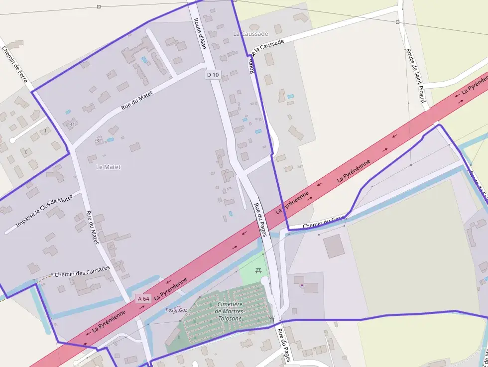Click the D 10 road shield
coord(213,75)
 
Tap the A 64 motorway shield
coord(143,299)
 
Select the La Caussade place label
coord(250,34)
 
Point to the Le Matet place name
coord(108,167)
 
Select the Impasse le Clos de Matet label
coord(44,211)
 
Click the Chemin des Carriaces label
coord(82,271)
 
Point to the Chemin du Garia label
coord(324,222)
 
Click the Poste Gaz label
coord(176,310)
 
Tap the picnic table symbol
coord(258,270)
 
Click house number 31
coord(72,124)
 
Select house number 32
coord(99,141)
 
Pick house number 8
coord(26,151)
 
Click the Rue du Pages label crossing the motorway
coord(261,220)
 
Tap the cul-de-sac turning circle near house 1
coord(13,140)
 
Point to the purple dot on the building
coord(302,285)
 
